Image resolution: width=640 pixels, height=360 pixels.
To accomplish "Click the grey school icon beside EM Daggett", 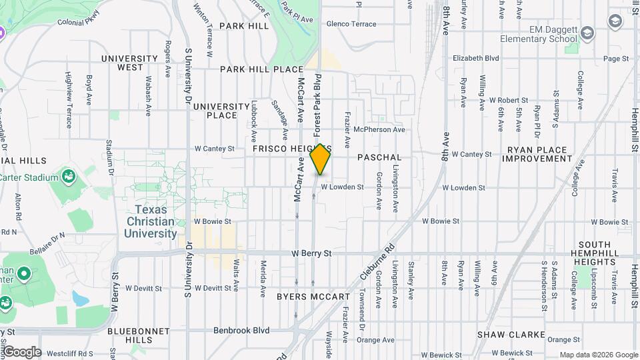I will click(x=587, y=33).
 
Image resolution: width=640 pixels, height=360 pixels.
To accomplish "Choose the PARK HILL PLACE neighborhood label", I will click(x=261, y=69).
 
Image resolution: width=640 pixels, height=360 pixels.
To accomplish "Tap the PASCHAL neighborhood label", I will click(x=379, y=157).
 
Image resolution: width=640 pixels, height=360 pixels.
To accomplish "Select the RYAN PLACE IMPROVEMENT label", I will click(x=537, y=155).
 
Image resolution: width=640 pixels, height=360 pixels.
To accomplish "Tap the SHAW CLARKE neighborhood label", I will click(x=511, y=335).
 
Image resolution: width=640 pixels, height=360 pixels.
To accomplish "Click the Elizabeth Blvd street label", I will click(x=475, y=59).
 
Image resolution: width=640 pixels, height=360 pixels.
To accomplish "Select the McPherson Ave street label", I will click(x=379, y=129).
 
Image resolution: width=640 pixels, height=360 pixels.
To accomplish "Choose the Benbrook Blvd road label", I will click(x=241, y=330).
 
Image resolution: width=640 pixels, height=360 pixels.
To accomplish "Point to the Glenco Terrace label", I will click(x=351, y=24).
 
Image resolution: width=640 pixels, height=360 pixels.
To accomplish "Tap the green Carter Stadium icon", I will click(x=67, y=177).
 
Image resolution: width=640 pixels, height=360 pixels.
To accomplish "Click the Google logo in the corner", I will click(x=21, y=352).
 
